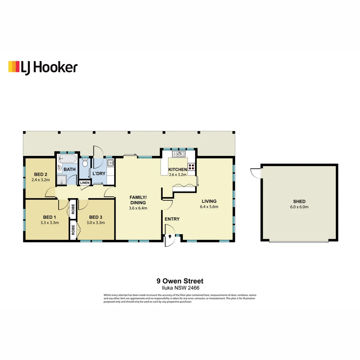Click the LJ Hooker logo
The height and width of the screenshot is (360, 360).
tap(43, 67)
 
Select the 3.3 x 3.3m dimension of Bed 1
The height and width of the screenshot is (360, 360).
tap(50, 222)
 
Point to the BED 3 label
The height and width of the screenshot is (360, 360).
tap(96, 217)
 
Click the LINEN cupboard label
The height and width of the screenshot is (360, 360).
tap(84, 183)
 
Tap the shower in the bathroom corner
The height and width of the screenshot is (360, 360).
tap(61, 180)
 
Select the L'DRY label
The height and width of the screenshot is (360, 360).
tap(99, 173)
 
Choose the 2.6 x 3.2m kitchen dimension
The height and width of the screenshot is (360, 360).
tap(178, 174)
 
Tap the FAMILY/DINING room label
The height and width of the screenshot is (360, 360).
tap(138, 200)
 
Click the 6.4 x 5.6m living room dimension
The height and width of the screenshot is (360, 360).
tap(209, 207)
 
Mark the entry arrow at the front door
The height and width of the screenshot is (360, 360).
tap(170, 236)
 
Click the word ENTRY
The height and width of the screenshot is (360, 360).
tap(172, 219)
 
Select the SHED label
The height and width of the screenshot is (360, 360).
tap(299, 201)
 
